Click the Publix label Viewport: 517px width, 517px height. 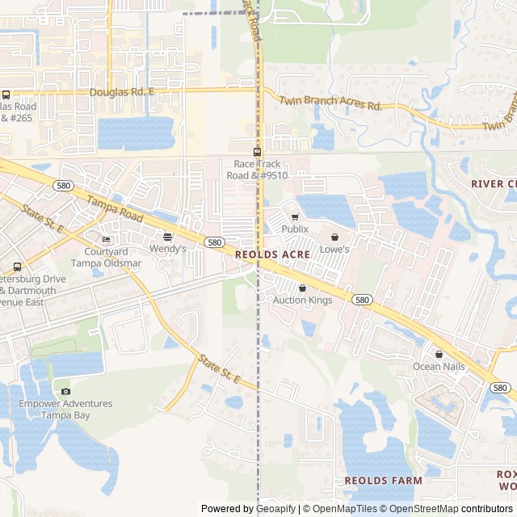click(x=295, y=229)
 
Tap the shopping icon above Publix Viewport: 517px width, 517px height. click(x=295, y=217)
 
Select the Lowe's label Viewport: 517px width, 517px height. click(x=334, y=250)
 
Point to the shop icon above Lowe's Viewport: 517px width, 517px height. click(x=334, y=237)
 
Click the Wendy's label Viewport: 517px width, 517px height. click(x=167, y=249)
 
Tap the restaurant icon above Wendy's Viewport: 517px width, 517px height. click(x=167, y=237)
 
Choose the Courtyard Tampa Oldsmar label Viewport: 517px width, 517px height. click(x=106, y=257)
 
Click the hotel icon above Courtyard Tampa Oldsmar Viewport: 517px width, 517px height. click(x=106, y=240)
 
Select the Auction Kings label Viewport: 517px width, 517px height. click(x=302, y=301)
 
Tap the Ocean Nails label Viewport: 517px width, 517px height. click(x=439, y=367)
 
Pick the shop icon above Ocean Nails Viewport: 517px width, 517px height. click(x=439, y=355)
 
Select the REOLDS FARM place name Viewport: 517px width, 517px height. click(x=383, y=481)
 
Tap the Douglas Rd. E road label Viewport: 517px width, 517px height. click(x=121, y=93)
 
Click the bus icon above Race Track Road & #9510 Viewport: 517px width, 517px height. click(x=257, y=152)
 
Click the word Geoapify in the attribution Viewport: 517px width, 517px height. click(x=275, y=509)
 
